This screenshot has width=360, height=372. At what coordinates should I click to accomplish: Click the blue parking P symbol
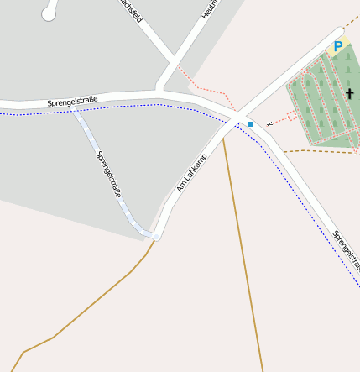click(x=337, y=47)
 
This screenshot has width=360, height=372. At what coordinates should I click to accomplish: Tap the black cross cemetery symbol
click(x=349, y=94)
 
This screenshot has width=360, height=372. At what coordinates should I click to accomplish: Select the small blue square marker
click(x=250, y=124)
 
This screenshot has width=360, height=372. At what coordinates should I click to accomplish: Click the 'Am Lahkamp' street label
click(x=191, y=172)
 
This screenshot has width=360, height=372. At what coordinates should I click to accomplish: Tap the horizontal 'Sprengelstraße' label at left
click(x=72, y=102)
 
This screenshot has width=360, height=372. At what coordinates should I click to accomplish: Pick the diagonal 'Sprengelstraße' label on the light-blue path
click(x=109, y=174)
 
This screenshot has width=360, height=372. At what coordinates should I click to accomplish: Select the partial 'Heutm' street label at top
click(x=209, y=8)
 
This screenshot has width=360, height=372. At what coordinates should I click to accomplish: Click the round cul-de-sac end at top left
click(x=49, y=14)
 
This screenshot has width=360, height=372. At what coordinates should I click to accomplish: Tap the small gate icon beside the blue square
click(x=269, y=123)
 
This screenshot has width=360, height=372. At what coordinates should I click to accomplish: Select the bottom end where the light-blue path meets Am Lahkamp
click(x=154, y=235)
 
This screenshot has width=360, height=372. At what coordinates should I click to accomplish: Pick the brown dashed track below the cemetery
click(x=310, y=151)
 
